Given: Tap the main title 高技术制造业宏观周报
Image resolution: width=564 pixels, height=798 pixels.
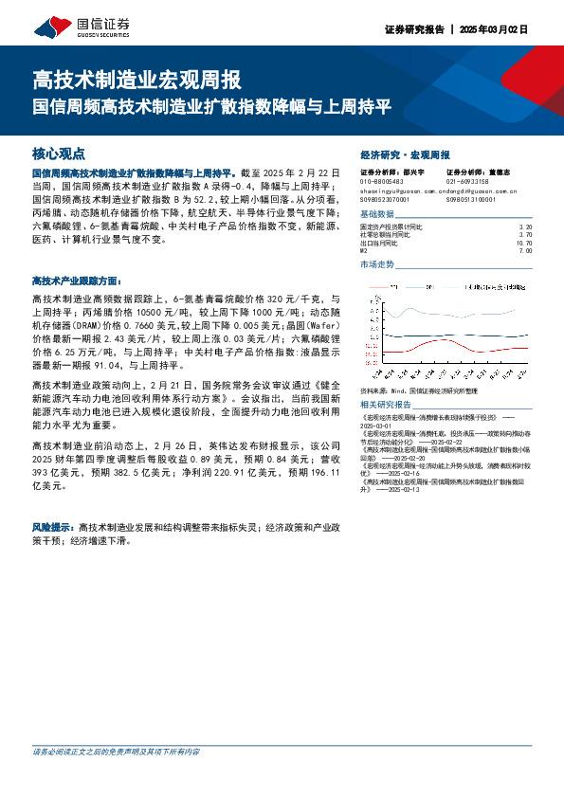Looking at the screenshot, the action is point(136,80).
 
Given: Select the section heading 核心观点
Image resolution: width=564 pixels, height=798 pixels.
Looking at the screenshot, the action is point(59,153).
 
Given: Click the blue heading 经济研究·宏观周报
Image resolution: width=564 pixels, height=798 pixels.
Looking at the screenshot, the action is point(405,154).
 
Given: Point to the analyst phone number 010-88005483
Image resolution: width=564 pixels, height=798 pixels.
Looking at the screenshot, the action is point(382,181).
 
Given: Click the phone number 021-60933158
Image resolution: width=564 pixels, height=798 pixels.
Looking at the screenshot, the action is point(467,181).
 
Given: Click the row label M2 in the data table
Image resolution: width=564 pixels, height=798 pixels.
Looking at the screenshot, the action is point(364,250).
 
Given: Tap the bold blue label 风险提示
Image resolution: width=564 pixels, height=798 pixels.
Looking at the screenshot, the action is point(53,525).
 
